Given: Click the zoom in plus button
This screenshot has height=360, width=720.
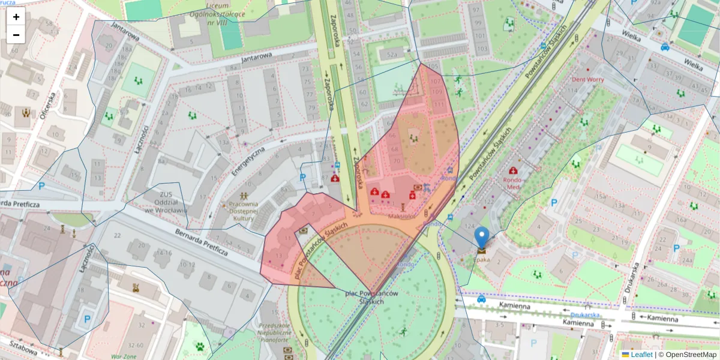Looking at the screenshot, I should (x=16, y=17).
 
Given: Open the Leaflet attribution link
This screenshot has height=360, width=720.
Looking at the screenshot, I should (x=641, y=355).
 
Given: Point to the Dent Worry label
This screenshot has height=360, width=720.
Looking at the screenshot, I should (x=587, y=79).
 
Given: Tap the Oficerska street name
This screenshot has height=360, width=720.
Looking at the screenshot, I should (x=47, y=106).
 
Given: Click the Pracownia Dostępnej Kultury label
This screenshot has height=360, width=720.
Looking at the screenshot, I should (x=243, y=211).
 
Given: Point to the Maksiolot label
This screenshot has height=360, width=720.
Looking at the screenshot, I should (x=402, y=216).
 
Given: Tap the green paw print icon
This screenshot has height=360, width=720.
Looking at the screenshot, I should (x=199, y=346).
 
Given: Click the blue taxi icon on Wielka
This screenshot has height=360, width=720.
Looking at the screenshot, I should (x=665, y=47).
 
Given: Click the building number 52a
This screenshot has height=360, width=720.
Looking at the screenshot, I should (x=392, y=55).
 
